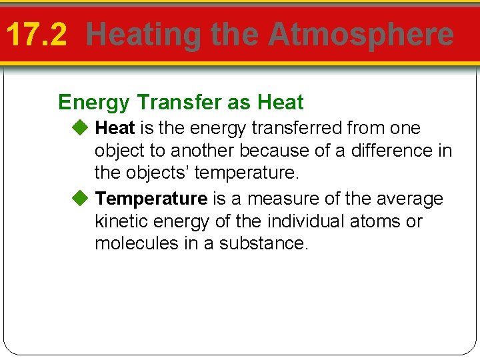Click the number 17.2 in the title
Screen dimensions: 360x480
(x=37, y=35)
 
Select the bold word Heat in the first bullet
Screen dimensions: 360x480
(x=115, y=127)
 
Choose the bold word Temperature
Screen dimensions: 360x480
(x=151, y=199)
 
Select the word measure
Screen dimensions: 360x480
(x=279, y=199)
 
